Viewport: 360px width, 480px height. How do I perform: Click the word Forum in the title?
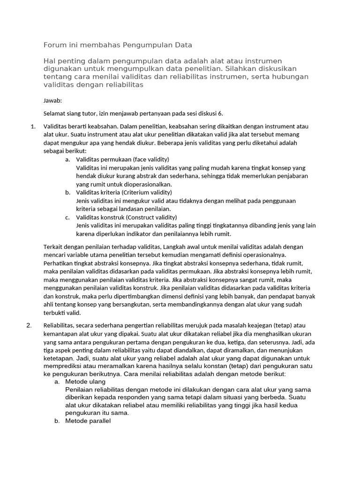(54, 45)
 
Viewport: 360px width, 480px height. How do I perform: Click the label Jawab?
(52, 100)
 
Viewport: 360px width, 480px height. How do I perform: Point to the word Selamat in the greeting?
(54, 113)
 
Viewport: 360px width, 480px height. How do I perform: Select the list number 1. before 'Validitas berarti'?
(33, 127)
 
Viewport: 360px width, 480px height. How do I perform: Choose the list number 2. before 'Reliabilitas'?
(29, 325)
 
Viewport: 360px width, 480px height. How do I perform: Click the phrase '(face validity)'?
(151, 159)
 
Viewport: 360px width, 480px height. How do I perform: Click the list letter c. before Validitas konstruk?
(68, 217)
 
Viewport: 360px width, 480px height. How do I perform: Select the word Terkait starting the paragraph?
(53, 247)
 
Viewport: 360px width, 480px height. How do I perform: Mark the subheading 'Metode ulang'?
(85, 382)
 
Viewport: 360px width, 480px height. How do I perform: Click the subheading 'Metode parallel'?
(88, 421)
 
